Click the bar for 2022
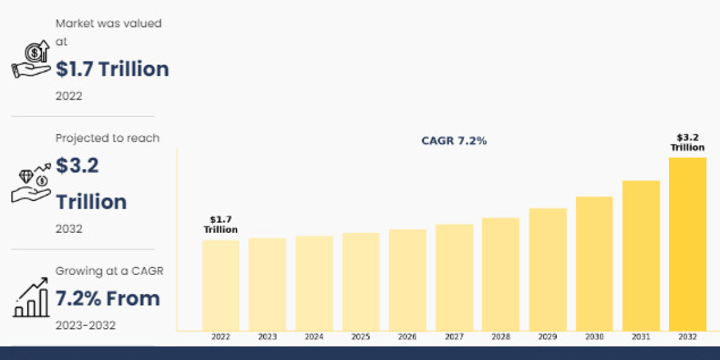point(221,284)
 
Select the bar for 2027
point(454,277)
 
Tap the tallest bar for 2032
point(688,243)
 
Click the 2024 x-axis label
point(314,337)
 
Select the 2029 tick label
point(548,337)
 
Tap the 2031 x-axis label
point(641,337)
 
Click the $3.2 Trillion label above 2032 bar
point(688,143)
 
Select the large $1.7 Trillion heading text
point(112,69)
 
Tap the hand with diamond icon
point(31,184)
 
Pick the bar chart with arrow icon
point(31,298)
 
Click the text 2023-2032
point(85,325)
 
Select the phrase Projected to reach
point(107,138)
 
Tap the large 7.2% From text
point(108,298)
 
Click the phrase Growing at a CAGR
point(109,271)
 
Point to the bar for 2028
point(501,274)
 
